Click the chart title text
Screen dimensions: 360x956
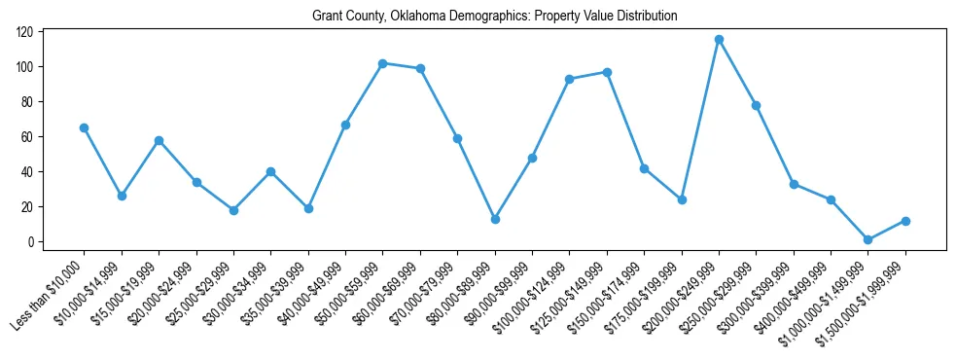[494, 17]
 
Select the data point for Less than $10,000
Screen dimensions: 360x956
[84, 127]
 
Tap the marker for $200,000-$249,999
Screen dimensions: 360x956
[719, 40]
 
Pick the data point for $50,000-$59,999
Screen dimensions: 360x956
[382, 63]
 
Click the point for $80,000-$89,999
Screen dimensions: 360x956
[495, 219]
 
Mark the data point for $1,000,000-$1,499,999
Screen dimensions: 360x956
[868, 239]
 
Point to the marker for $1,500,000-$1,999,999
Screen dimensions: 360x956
[905, 221]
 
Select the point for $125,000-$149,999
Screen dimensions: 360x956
[607, 72]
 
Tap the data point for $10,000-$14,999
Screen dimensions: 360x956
[122, 196]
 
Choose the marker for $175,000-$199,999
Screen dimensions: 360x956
[682, 199]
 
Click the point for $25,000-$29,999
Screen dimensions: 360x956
[233, 210]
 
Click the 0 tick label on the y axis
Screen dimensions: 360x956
[32, 242]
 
